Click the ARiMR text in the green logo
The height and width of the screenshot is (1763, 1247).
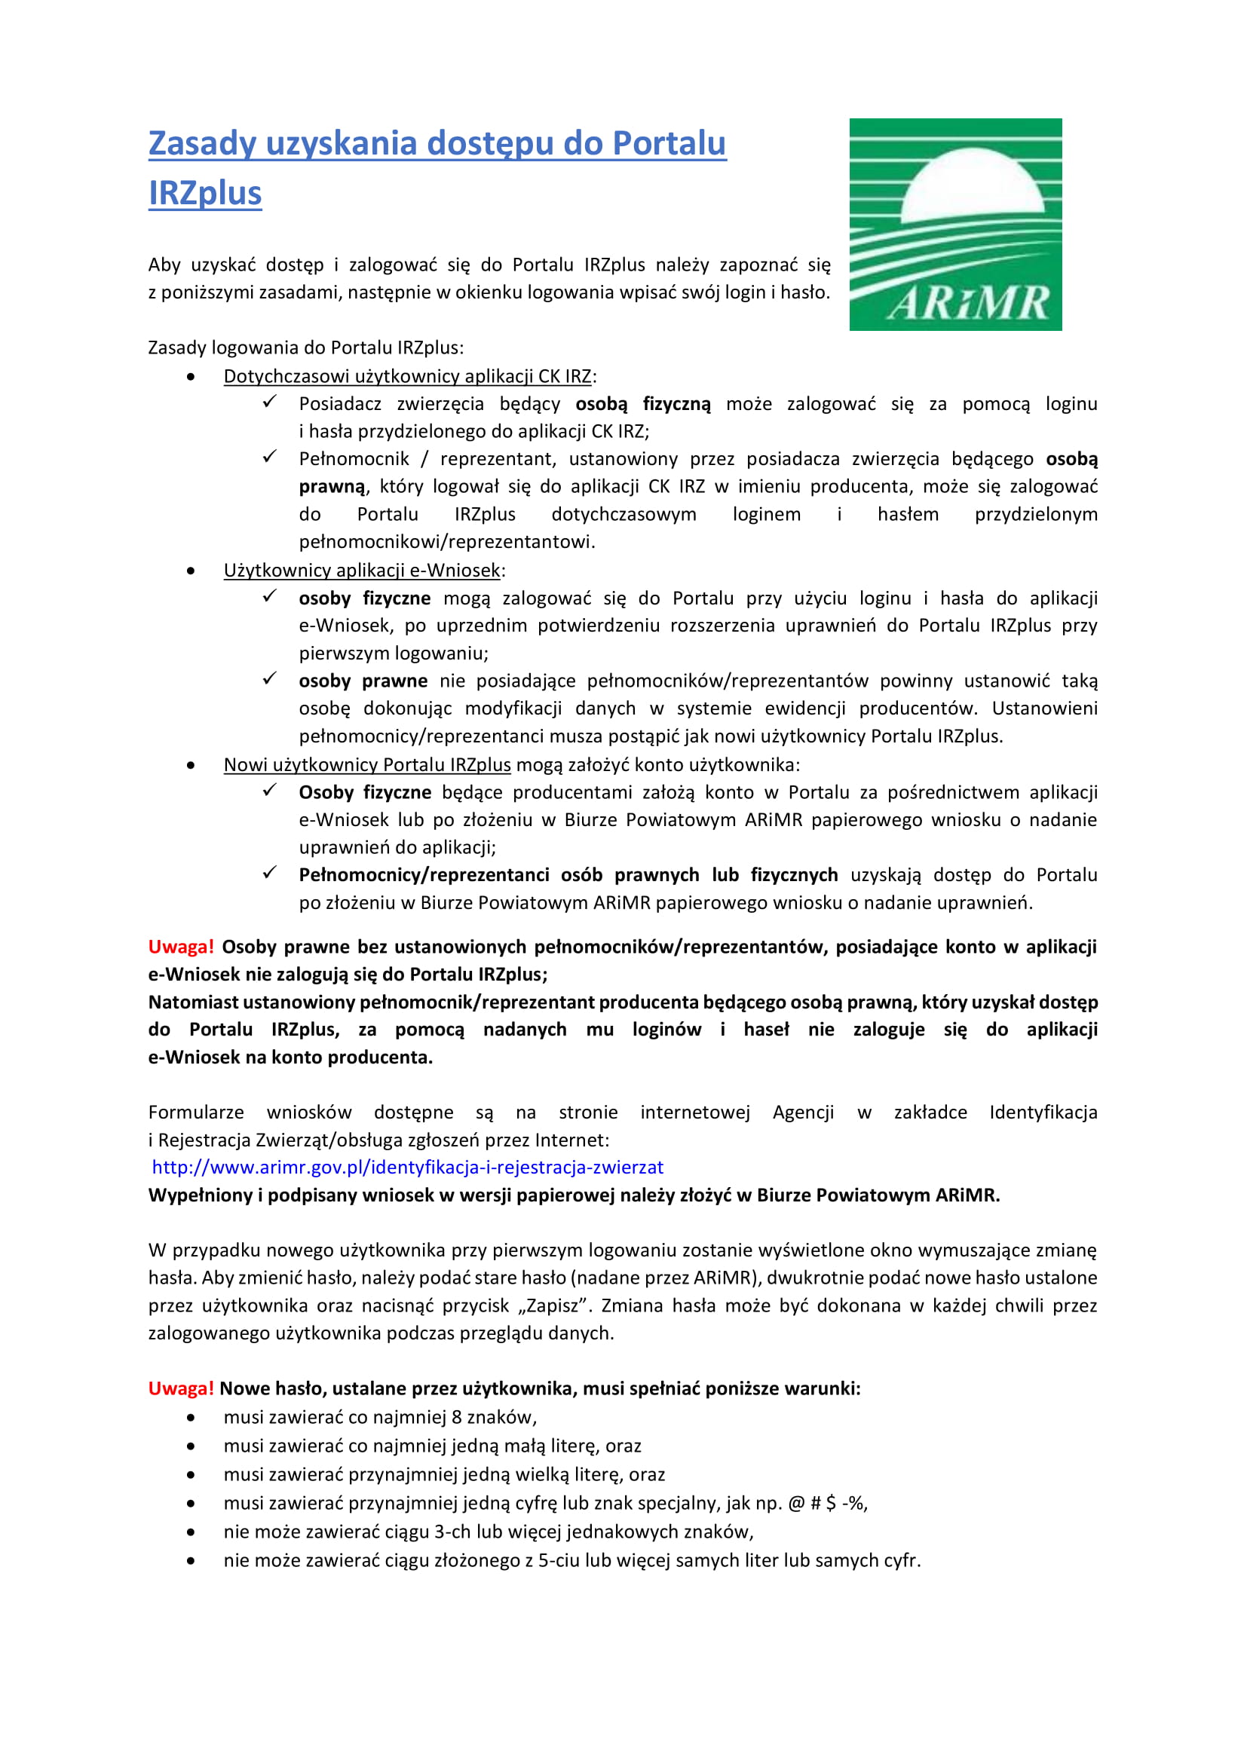[x=968, y=303]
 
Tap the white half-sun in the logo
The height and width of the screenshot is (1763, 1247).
[x=972, y=184]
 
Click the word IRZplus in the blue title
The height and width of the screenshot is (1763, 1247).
[x=205, y=194]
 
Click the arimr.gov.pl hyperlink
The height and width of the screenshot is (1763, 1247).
[x=408, y=1167]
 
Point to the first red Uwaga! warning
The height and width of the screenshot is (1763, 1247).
[x=180, y=947]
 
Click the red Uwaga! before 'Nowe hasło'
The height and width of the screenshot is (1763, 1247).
[x=180, y=1388]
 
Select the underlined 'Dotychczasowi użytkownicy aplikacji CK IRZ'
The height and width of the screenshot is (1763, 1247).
[x=407, y=376]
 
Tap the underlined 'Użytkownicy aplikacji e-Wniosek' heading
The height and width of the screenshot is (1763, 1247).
[x=362, y=571]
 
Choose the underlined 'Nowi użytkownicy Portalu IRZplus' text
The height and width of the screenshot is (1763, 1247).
[x=367, y=765]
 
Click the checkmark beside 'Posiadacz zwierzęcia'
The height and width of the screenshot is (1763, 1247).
[x=269, y=402]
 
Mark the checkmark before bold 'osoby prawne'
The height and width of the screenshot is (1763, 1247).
[x=269, y=679]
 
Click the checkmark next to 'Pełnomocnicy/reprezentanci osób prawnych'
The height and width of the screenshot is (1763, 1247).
[x=269, y=873]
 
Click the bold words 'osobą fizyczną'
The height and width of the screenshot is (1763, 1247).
[x=642, y=404]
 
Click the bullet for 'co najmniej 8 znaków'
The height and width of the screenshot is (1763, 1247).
[x=191, y=1418]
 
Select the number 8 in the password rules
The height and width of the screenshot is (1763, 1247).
[x=456, y=1417]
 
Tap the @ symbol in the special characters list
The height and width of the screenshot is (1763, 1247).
[x=796, y=1503]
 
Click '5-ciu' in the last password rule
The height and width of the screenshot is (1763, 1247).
[x=558, y=1560]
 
